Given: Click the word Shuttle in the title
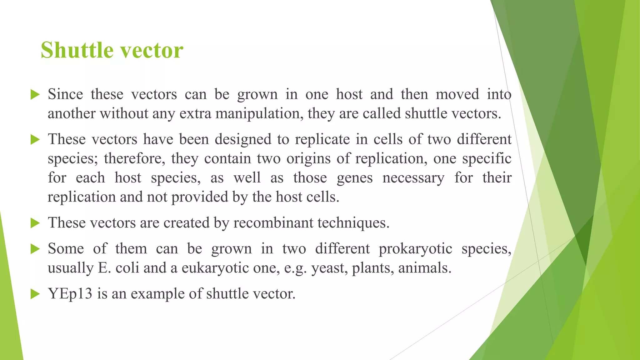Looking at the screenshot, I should [77, 50].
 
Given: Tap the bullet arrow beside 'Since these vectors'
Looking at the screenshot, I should [35, 95].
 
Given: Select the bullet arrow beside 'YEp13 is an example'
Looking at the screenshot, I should [35, 294].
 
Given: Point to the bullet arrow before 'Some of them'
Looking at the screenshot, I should [35, 249].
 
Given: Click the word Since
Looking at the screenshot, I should [65, 94].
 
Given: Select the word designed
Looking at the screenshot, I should [243, 139].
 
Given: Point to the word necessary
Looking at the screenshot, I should [413, 178].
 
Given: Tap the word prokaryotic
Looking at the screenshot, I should [415, 249].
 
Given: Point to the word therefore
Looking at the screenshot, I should [134, 158].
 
